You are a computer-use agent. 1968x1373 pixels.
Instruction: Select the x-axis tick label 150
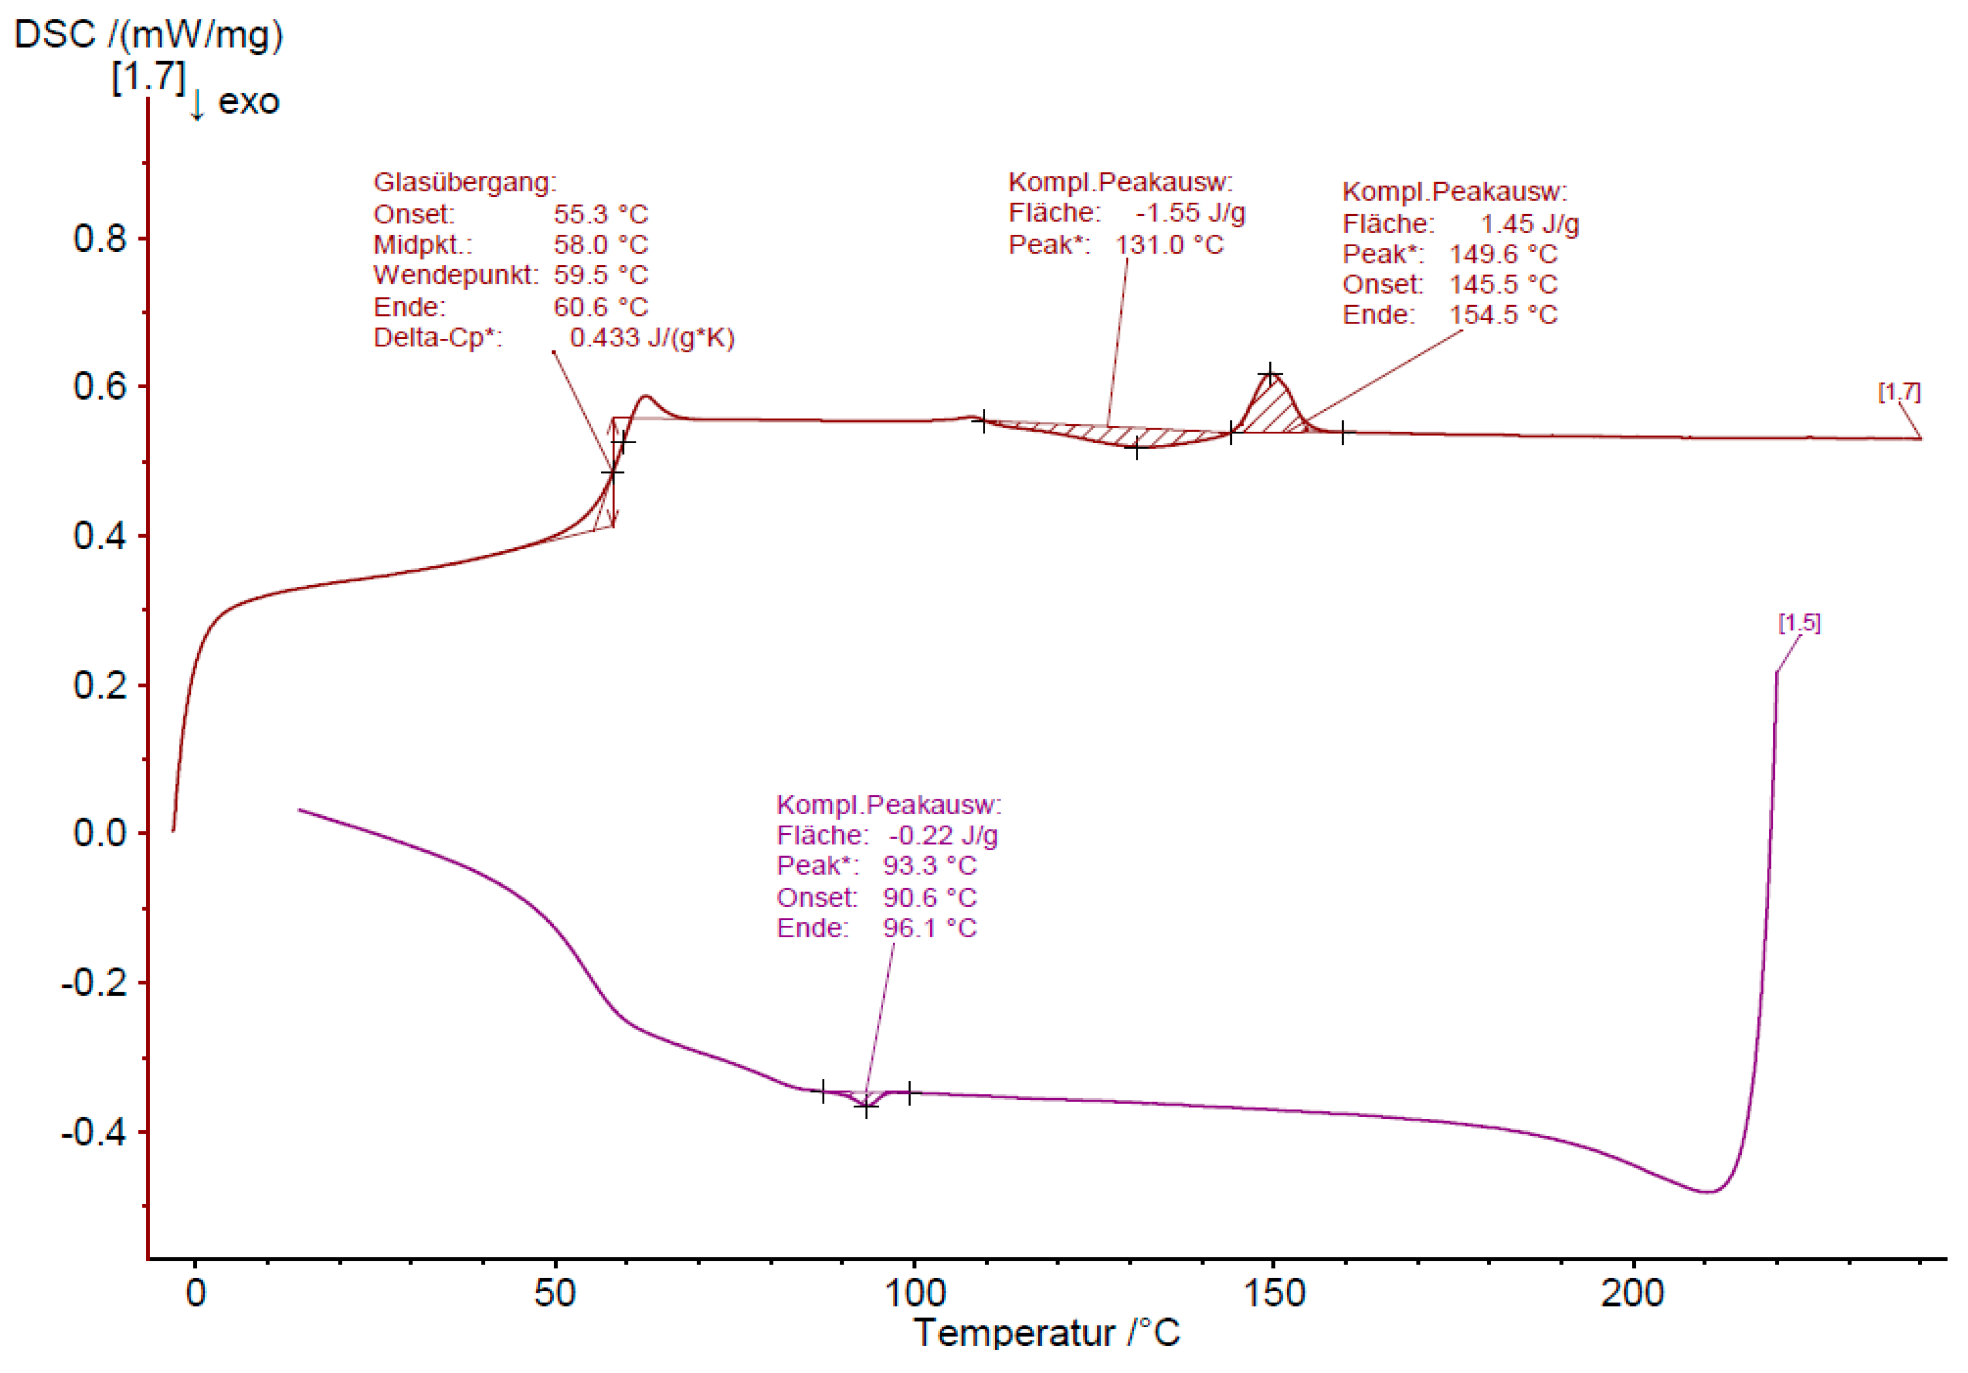point(1274,1292)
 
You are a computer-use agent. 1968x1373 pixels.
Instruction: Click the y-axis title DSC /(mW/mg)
point(148,35)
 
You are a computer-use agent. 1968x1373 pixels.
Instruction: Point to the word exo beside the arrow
point(249,102)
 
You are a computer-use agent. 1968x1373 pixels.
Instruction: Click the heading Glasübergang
point(465,183)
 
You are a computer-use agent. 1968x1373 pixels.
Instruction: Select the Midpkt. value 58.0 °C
point(600,245)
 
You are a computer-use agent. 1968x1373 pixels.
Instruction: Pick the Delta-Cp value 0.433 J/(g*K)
point(651,338)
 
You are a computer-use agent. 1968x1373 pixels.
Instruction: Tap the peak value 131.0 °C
point(1169,245)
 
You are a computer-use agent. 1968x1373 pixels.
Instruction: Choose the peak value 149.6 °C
point(1502,255)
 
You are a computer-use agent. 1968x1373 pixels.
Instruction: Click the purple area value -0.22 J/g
point(943,835)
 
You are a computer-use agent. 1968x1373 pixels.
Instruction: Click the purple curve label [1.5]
point(1799,623)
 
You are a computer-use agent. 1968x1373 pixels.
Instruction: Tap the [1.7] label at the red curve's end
point(1899,393)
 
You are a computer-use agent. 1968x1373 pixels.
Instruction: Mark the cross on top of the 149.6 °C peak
point(1270,374)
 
